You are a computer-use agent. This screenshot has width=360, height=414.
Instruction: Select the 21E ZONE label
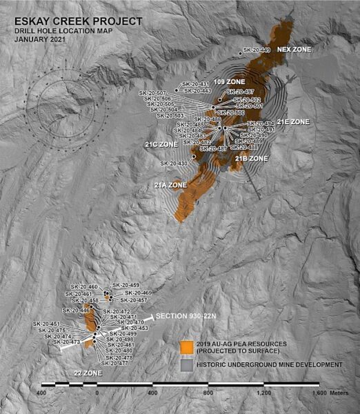[x=294, y=122]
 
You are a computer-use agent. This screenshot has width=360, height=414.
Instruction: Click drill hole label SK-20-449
[x=257, y=50]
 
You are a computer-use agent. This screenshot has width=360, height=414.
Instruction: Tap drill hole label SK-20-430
[x=174, y=163]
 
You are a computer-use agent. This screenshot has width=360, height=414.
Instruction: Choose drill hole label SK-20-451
[x=46, y=324]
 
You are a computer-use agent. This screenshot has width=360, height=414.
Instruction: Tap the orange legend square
[x=186, y=346]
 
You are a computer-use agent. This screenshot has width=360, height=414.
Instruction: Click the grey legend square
[x=186, y=364]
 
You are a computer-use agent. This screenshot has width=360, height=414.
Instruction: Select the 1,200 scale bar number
[x=265, y=392]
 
